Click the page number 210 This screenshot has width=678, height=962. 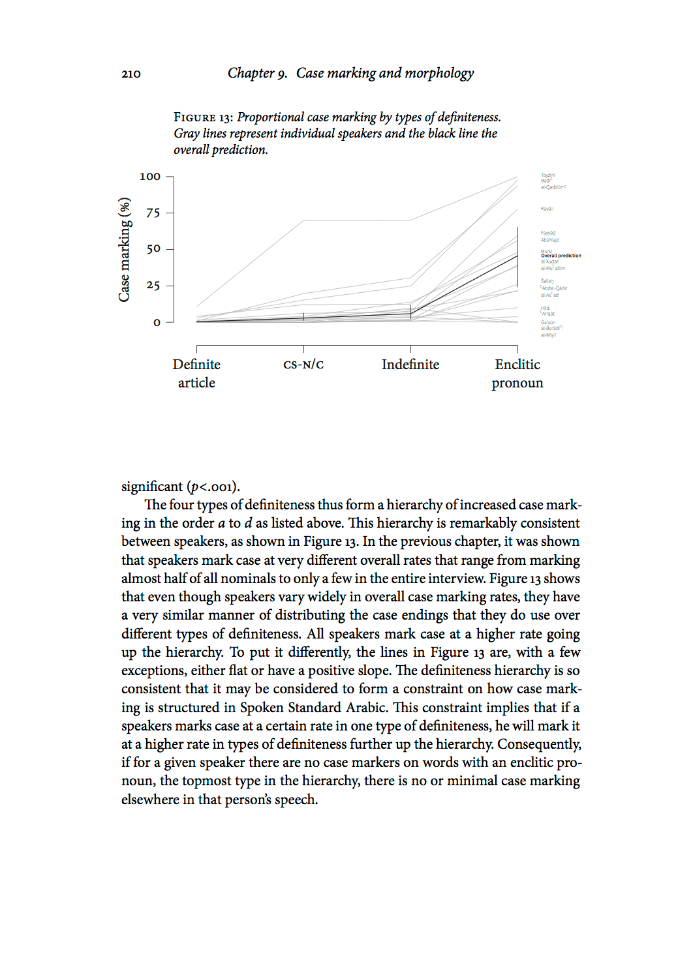click(131, 74)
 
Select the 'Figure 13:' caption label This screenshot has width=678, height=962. click(203, 117)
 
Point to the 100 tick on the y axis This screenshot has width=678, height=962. click(149, 176)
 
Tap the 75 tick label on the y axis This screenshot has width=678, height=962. click(153, 213)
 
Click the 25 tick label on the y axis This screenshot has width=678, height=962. click(153, 286)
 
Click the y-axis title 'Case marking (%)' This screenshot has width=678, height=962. click(124, 249)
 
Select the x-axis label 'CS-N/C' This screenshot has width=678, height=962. click(303, 365)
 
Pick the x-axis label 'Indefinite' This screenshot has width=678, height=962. click(410, 365)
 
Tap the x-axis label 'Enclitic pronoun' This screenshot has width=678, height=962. click(517, 374)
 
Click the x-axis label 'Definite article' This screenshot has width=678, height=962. click(196, 374)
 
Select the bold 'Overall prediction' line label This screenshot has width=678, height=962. click(561, 256)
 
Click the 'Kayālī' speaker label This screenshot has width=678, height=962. click(547, 209)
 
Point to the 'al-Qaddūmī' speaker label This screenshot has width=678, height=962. click(553, 187)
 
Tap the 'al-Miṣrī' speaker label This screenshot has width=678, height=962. click(548, 335)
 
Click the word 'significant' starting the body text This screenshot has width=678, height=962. click(152, 487)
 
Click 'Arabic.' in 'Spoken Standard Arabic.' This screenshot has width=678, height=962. click(366, 708)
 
